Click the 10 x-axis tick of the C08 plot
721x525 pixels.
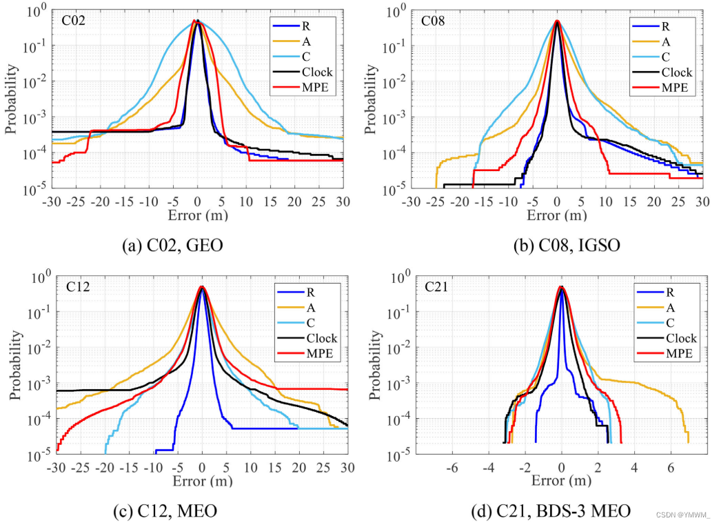tap(605, 201)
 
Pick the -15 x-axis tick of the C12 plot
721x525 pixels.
tap(128, 467)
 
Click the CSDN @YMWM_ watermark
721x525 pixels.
tap(682, 514)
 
